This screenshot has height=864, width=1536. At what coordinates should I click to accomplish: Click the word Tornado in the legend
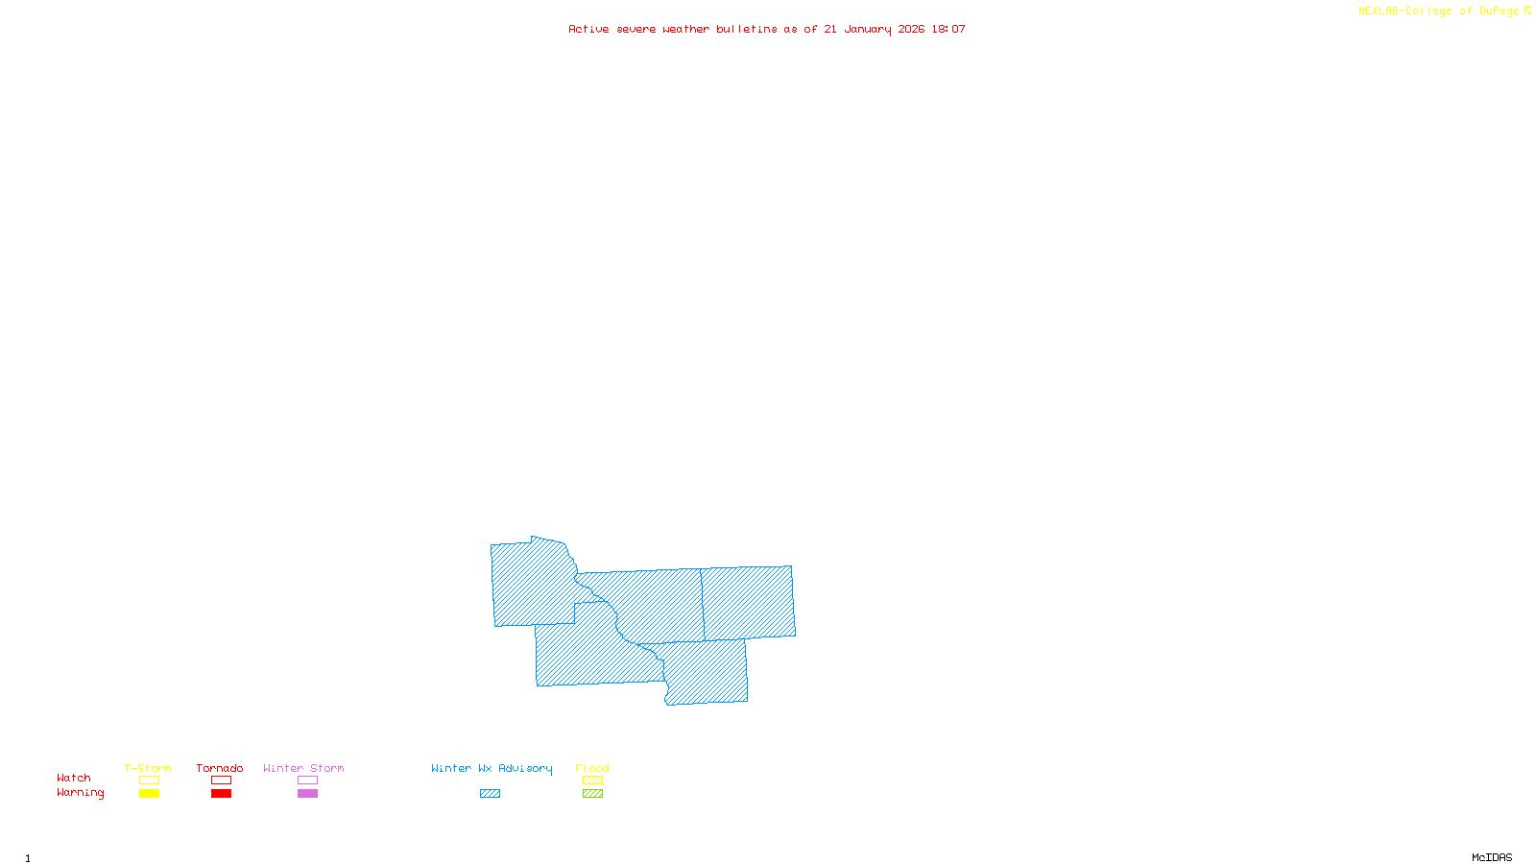[220, 768]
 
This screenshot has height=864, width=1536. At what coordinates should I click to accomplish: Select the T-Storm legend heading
[148, 768]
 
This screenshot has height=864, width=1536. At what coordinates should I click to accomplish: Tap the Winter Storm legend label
[303, 768]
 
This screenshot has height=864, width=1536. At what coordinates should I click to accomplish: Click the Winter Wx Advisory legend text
[492, 768]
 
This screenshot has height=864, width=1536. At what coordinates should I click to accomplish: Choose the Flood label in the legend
[592, 768]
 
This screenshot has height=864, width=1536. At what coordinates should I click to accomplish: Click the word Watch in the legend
[74, 778]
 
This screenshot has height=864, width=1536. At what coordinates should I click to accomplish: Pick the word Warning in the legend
[81, 793]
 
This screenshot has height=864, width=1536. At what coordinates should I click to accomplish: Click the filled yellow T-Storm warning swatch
[149, 794]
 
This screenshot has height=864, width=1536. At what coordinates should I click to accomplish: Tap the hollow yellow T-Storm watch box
[149, 780]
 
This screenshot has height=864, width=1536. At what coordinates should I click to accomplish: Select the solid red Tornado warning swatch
[222, 794]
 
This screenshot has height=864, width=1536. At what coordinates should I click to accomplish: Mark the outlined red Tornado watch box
[222, 780]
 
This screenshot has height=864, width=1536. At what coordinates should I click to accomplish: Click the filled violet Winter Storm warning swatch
[307, 794]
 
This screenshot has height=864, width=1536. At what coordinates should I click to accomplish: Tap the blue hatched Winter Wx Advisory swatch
[490, 794]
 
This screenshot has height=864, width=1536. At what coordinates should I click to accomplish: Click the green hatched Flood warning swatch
[593, 794]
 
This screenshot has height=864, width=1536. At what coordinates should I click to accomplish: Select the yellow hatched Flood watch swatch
[593, 780]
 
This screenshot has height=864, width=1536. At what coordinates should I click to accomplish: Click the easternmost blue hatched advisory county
[749, 602]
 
